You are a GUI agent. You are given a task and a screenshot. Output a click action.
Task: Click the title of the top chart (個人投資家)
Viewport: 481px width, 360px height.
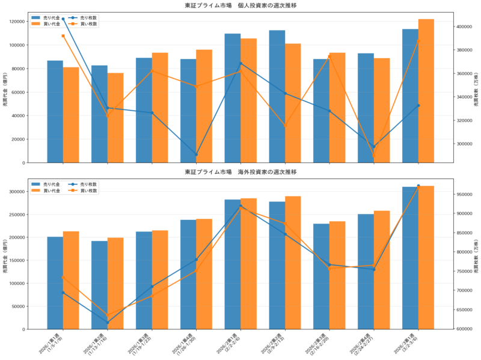pyautogui.click(x=240, y=5)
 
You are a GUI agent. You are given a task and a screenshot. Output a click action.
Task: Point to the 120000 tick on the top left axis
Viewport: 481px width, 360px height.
pyautogui.click(x=33, y=22)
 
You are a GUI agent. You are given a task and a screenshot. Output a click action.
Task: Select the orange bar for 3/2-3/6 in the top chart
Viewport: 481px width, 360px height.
pyautogui.click(x=426, y=91)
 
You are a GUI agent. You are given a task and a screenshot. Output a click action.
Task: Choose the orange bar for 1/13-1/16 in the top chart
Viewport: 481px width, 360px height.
pyautogui.click(x=115, y=118)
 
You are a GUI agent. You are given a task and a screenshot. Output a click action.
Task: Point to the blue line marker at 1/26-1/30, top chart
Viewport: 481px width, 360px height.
pyautogui.click(x=196, y=154)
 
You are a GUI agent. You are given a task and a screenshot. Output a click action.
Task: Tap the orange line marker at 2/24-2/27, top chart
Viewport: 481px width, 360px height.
pyautogui.click(x=374, y=157)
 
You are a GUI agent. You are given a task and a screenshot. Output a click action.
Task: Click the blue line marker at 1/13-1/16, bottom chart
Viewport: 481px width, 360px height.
pyautogui.click(x=108, y=322)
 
